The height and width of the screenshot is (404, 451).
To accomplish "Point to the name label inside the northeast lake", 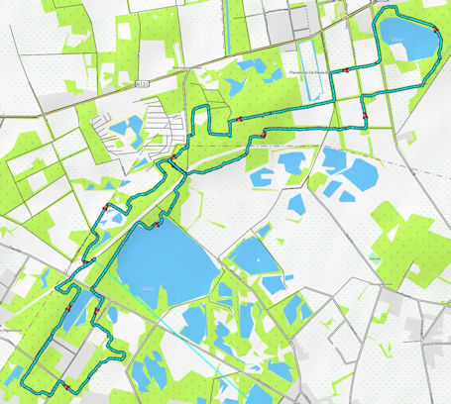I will (396, 41).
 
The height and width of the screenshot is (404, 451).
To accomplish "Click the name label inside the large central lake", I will (148, 287).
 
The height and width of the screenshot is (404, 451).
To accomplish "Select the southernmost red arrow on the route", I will (62, 382).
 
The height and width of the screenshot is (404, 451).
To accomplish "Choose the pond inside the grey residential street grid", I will (126, 128).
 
